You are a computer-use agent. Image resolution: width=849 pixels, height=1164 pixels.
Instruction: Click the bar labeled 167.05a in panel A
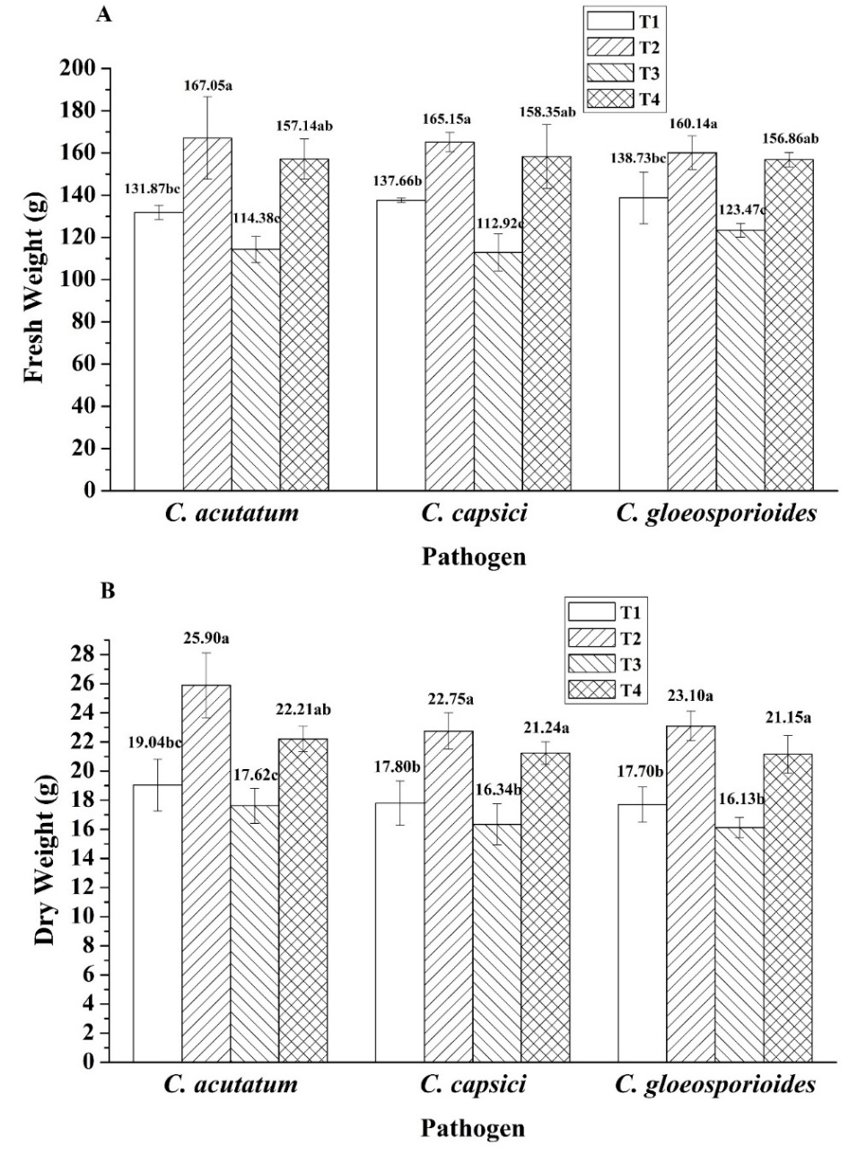point(207,314)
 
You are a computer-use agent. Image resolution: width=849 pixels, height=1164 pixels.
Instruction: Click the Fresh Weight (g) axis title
point(36,279)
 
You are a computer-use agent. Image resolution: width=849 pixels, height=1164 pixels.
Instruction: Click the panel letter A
point(105,16)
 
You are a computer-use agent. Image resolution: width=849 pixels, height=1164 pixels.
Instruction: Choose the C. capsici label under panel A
point(474,515)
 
